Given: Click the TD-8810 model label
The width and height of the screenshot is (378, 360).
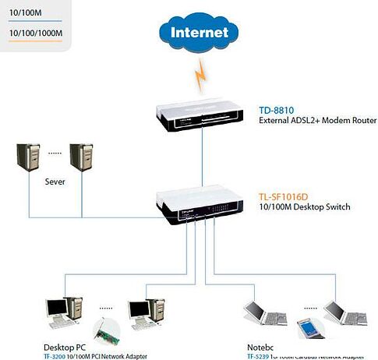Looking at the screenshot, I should (276, 110).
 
